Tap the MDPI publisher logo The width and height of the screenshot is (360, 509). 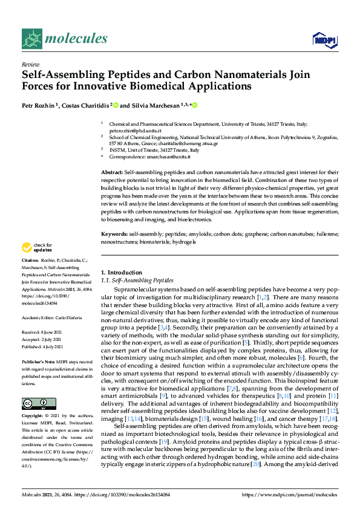(x=324, y=41)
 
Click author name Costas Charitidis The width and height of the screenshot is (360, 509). (x=83, y=105)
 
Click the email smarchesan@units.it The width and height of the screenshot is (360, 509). (x=168, y=157)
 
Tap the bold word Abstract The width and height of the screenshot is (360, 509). (x=112, y=173)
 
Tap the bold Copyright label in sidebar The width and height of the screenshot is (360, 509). (x=33, y=417)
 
